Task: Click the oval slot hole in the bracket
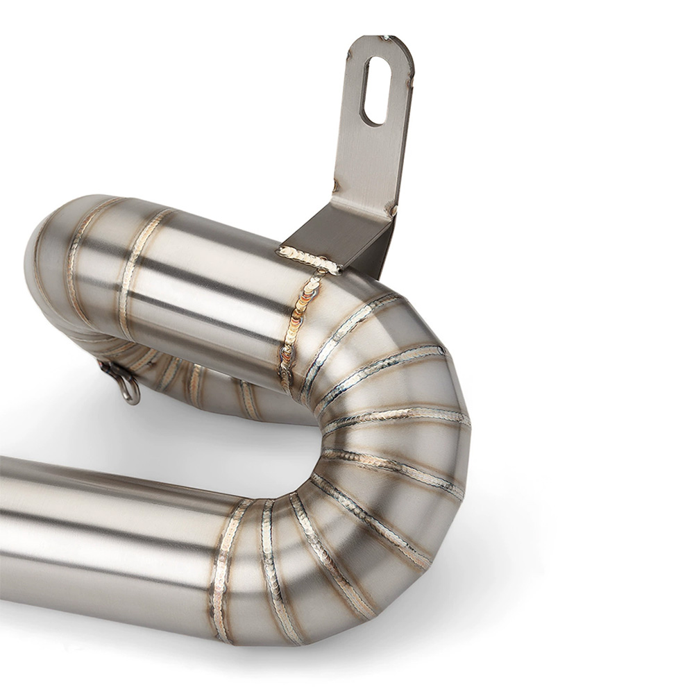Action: pyautogui.click(x=375, y=91)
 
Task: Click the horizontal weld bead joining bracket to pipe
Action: pyautogui.click(x=308, y=260)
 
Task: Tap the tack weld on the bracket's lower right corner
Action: pyautogui.click(x=392, y=209)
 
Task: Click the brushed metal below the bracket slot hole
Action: pyautogui.click(x=368, y=160)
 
